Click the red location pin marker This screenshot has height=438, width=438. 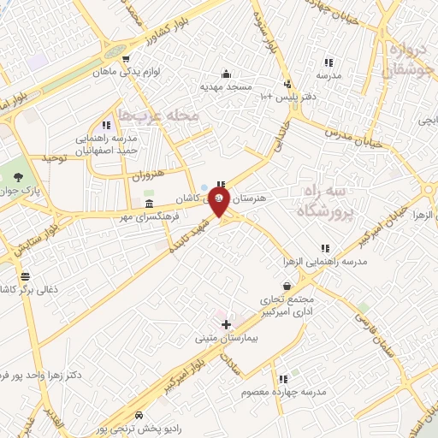[220, 203]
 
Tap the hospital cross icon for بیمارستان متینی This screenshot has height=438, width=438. [226, 324]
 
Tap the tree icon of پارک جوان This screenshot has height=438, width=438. [18, 176]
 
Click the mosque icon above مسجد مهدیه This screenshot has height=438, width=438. [225, 74]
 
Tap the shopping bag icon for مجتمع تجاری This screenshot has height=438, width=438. [287, 287]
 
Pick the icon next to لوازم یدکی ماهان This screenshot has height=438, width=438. [126, 59]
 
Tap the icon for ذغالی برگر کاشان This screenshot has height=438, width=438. [25, 276]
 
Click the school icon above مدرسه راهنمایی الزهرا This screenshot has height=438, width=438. [325, 248]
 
